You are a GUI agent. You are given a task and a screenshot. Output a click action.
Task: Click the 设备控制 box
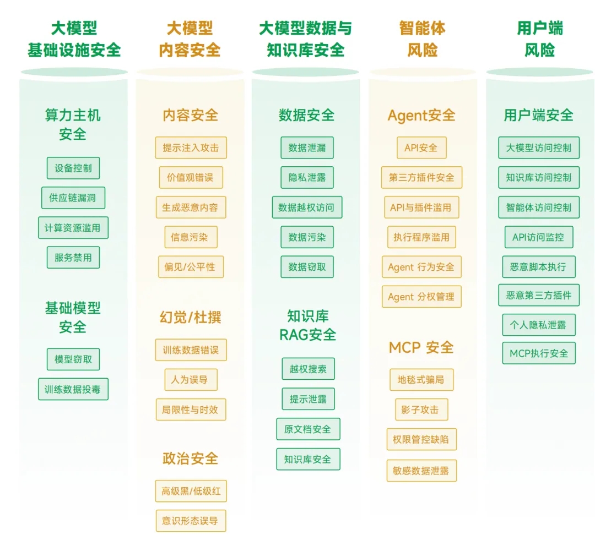click(x=73, y=168)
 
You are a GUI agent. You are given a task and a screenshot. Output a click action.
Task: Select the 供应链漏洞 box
click(x=73, y=198)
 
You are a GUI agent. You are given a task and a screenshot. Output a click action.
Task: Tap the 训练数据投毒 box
click(x=73, y=389)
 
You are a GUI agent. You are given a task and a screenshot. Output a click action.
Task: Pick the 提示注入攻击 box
click(x=191, y=148)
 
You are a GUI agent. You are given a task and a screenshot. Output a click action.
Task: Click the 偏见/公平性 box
click(x=191, y=267)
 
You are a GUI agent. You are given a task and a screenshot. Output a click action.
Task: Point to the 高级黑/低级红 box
click(x=191, y=491)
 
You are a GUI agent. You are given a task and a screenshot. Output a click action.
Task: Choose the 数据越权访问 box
click(x=307, y=208)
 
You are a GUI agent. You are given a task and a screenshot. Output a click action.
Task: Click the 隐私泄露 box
click(x=307, y=178)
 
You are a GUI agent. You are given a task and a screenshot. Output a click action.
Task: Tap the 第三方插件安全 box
click(x=421, y=177)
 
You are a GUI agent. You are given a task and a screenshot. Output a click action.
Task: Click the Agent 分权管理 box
click(x=421, y=297)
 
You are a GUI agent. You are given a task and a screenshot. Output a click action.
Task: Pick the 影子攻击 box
click(x=421, y=409)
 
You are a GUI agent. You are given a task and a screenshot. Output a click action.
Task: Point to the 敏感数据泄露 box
click(x=421, y=471)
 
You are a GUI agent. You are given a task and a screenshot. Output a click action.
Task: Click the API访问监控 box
click(x=538, y=237)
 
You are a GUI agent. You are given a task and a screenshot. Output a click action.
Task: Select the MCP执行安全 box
click(x=538, y=353)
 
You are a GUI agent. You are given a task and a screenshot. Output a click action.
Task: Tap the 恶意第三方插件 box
click(x=538, y=295)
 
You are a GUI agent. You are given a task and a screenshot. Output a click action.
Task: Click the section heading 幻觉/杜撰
click(x=191, y=318)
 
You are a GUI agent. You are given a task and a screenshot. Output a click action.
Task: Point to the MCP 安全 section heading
click(x=421, y=347)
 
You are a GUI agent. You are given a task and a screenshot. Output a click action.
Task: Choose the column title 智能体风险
click(x=423, y=39)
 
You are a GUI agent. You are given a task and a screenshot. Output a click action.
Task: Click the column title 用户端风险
click(x=539, y=39)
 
